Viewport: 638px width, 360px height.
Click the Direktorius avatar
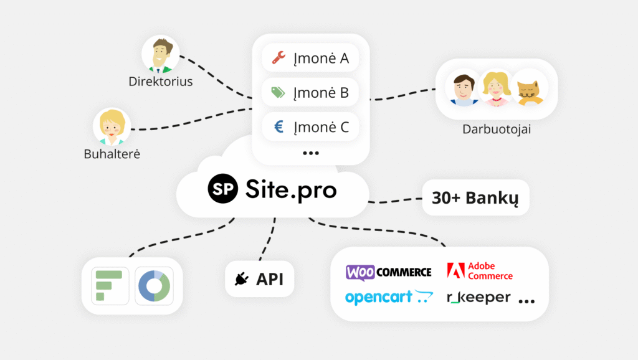[x=160, y=55]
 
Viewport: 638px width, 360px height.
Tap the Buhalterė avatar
[x=112, y=126]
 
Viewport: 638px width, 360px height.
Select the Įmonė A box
[x=310, y=58]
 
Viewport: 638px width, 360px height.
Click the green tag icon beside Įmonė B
[x=279, y=92]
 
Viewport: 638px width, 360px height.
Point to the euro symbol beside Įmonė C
[x=279, y=127]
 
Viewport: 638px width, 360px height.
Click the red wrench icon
[x=279, y=58]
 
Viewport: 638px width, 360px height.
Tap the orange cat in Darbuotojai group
[x=530, y=88]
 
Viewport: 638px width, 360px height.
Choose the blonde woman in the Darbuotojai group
[x=496, y=88]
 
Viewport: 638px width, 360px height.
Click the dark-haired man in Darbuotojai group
[x=464, y=88]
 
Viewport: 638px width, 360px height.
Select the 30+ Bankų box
[x=475, y=197]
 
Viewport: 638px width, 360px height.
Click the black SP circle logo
[x=222, y=189]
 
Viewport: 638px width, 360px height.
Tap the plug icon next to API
[x=242, y=279]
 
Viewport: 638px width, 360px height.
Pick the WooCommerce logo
[x=389, y=272]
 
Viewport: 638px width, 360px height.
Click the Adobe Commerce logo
[x=480, y=271]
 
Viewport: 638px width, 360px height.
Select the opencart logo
[x=389, y=297]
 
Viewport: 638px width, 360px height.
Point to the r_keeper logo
[x=478, y=298]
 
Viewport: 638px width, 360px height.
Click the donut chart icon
[x=155, y=286]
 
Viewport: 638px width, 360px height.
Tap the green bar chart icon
[x=110, y=286]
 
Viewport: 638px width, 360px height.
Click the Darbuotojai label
[x=497, y=130]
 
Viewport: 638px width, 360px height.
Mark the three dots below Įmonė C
[x=311, y=153]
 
